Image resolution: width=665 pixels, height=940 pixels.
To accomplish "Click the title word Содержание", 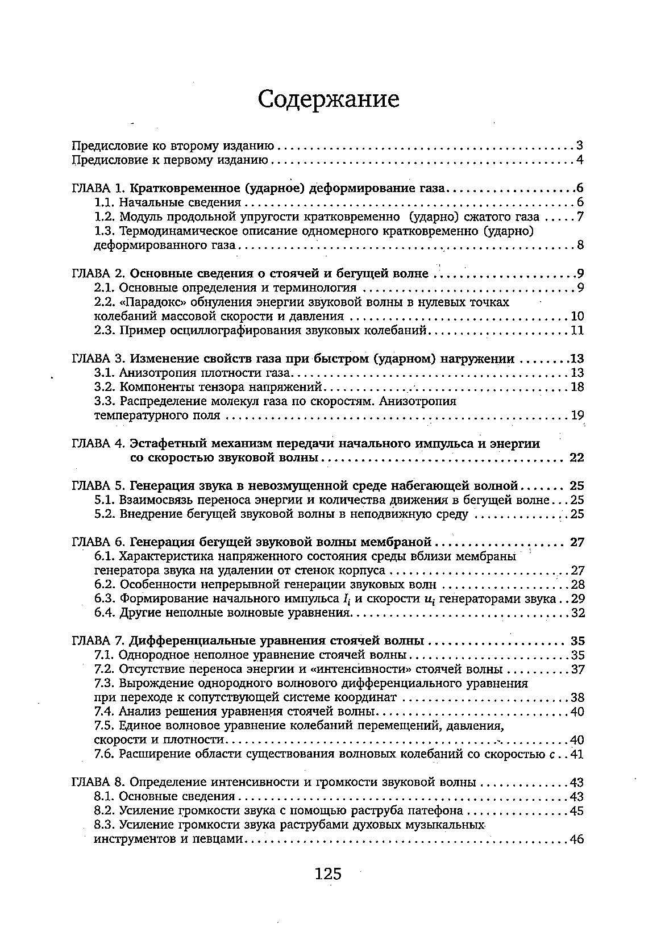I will pyautogui.click(x=329, y=99).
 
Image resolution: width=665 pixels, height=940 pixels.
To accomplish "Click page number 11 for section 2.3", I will pyautogui.click(x=577, y=331).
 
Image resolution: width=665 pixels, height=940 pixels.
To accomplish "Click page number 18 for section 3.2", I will pyautogui.click(x=577, y=388).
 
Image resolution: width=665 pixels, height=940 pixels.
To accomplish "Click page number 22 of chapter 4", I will pyautogui.click(x=576, y=458).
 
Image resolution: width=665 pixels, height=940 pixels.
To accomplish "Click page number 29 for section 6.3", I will pyautogui.click(x=577, y=598).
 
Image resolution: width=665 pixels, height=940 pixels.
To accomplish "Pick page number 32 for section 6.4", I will pyautogui.click(x=577, y=613).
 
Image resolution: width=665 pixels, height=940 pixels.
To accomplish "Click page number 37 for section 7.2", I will pyautogui.click(x=577, y=669).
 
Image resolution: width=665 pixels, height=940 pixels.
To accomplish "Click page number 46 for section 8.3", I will pyautogui.click(x=577, y=839).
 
